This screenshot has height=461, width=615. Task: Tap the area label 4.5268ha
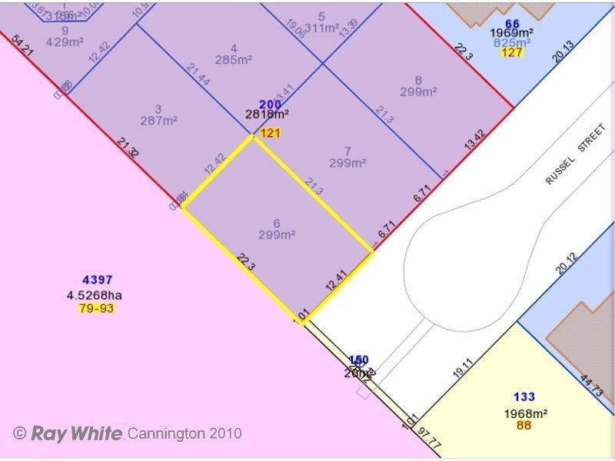(95, 295)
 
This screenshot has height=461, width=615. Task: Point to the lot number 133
(524, 397)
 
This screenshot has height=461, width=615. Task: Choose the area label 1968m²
(526, 413)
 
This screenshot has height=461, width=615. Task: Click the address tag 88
(524, 425)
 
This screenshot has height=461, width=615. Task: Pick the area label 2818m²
(267, 115)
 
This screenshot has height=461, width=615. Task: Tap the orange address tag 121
(270, 133)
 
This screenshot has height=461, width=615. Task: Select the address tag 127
(512, 52)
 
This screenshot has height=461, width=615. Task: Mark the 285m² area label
(234, 60)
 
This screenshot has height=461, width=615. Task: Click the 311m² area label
(321, 28)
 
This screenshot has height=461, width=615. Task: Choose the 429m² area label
(65, 42)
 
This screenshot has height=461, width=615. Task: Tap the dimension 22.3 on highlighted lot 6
(246, 262)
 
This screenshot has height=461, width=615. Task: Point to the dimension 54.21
(24, 45)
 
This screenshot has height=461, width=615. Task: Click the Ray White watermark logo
(76, 433)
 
